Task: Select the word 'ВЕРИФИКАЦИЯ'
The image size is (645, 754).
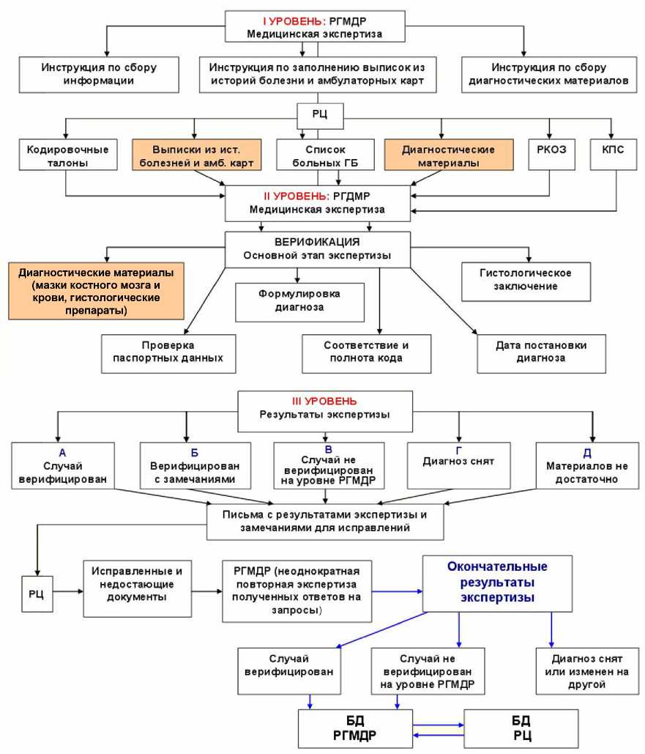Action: click(316, 241)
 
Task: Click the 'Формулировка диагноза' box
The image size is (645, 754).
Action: click(300, 300)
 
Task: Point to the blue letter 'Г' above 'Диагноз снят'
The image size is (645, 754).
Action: click(459, 449)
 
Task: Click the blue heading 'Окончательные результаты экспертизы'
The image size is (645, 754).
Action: click(497, 582)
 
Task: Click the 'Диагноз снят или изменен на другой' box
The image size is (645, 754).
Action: click(580, 670)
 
